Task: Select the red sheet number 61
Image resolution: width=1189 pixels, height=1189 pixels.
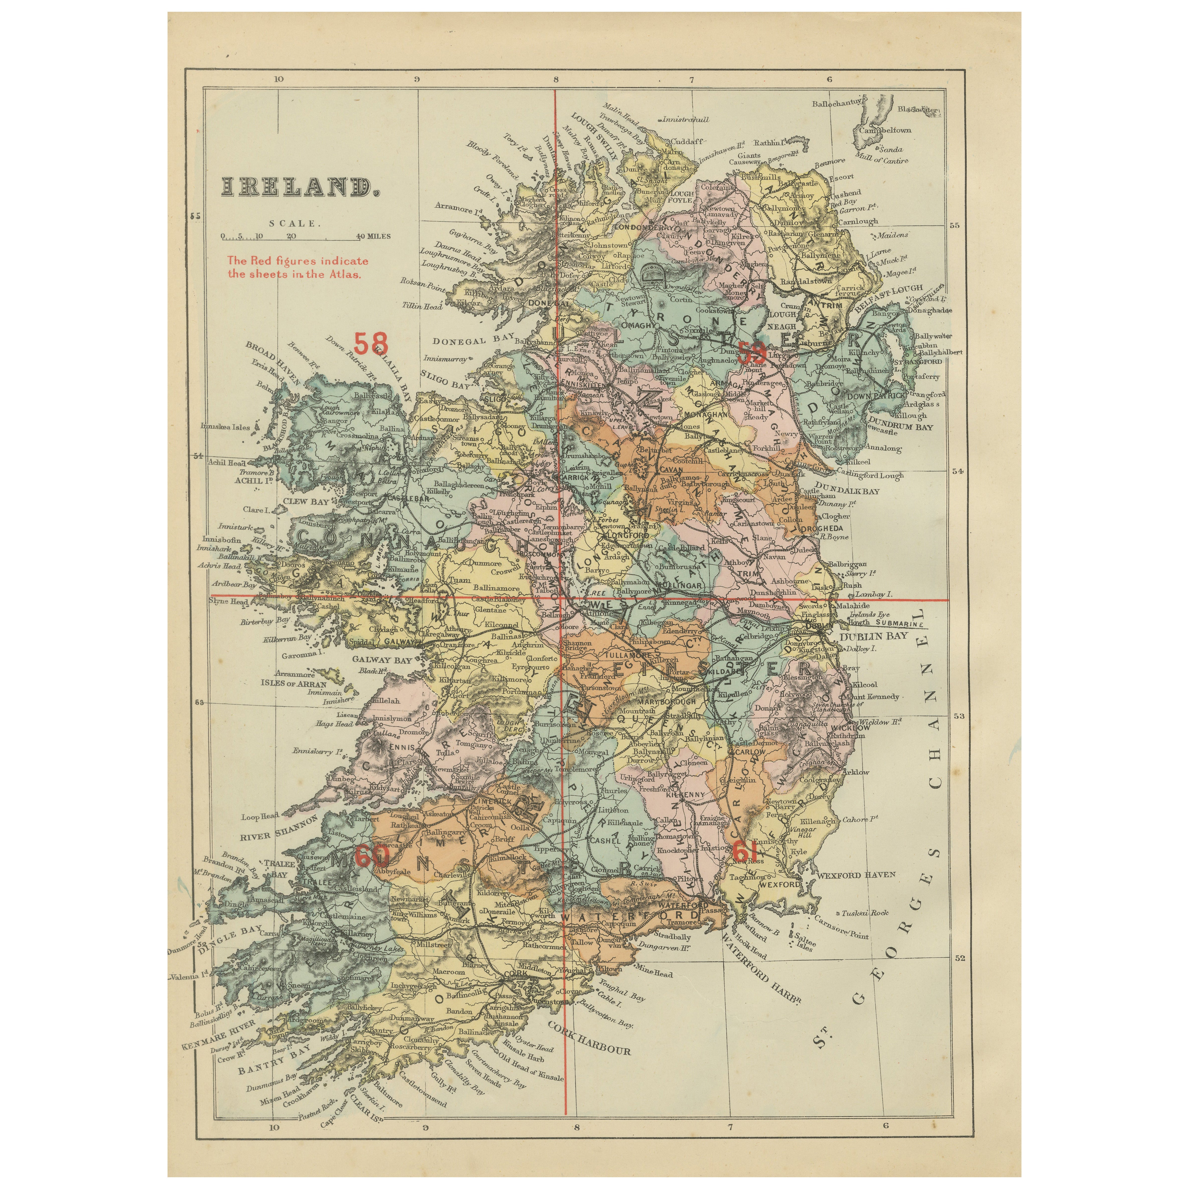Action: coord(743,852)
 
